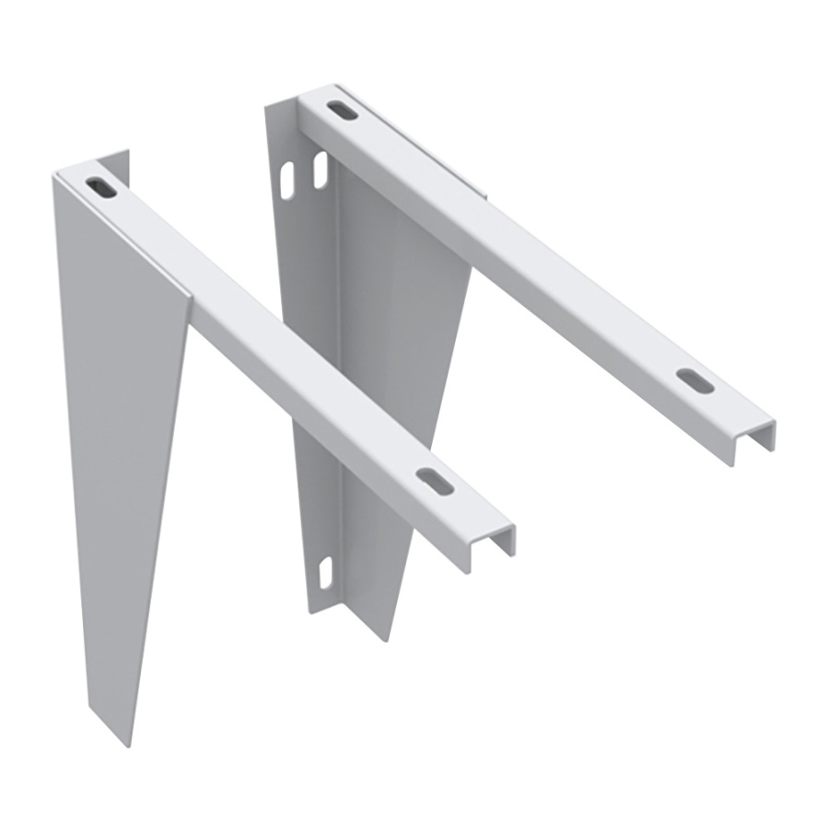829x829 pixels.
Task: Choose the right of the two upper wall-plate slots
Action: (x=320, y=171)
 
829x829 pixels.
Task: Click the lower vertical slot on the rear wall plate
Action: (x=323, y=572)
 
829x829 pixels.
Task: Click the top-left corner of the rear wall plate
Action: (x=266, y=107)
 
